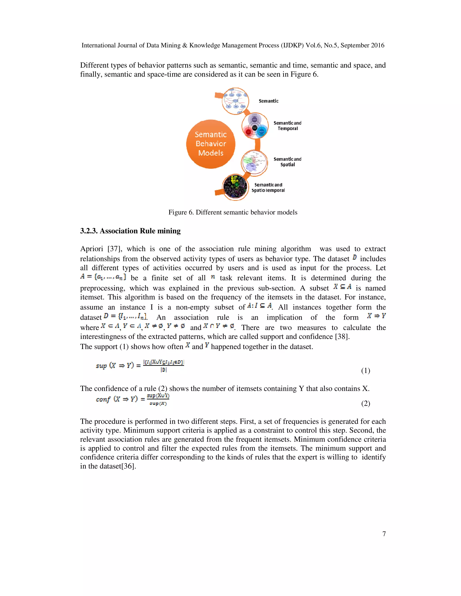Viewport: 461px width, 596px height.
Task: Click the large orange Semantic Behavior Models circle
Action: pyautogui.click(x=210, y=144)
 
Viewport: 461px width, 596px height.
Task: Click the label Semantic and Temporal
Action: pyautogui.click(x=287, y=126)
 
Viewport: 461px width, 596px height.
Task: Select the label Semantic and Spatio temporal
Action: pyautogui.click(x=268, y=188)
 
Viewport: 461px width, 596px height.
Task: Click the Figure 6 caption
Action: pyautogui.click(x=233, y=212)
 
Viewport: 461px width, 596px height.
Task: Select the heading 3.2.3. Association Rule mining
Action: pyautogui.click(x=130, y=231)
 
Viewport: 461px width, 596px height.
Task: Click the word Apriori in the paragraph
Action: pyautogui.click(x=91, y=249)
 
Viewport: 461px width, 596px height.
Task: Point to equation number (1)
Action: pyautogui.click(x=365, y=371)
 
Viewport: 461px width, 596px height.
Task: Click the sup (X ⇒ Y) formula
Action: pyautogui.click(x=140, y=366)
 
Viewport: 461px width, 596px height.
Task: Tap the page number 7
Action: pyautogui.click(x=384, y=534)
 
